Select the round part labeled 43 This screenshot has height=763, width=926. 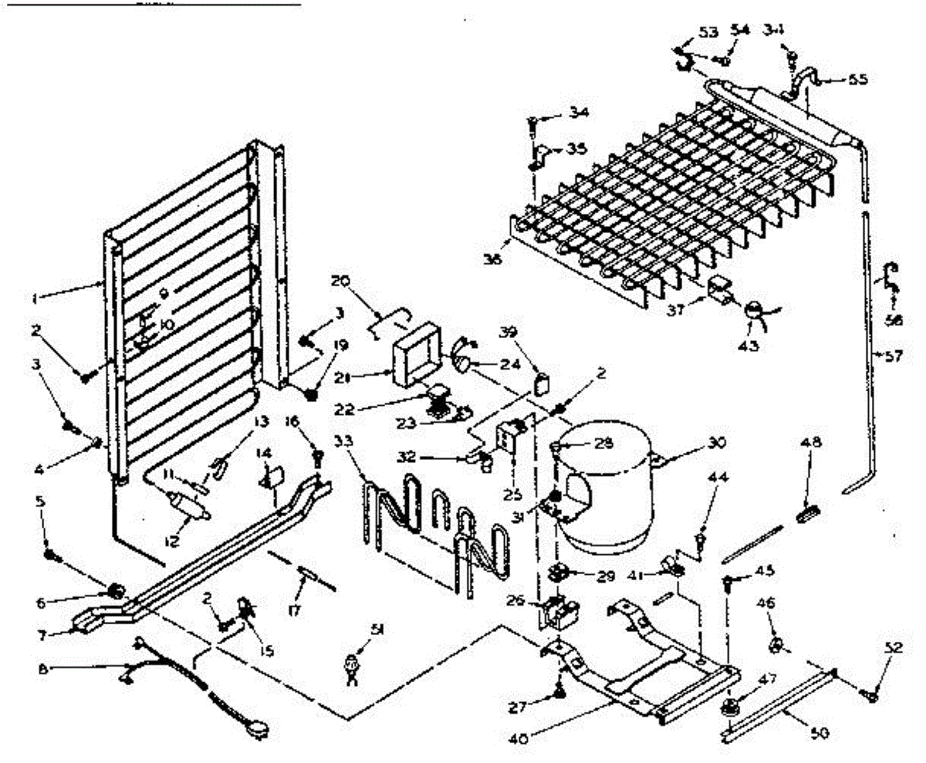[x=753, y=309]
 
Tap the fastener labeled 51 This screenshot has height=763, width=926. [x=353, y=663]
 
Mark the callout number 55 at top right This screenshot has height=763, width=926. [x=857, y=79]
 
